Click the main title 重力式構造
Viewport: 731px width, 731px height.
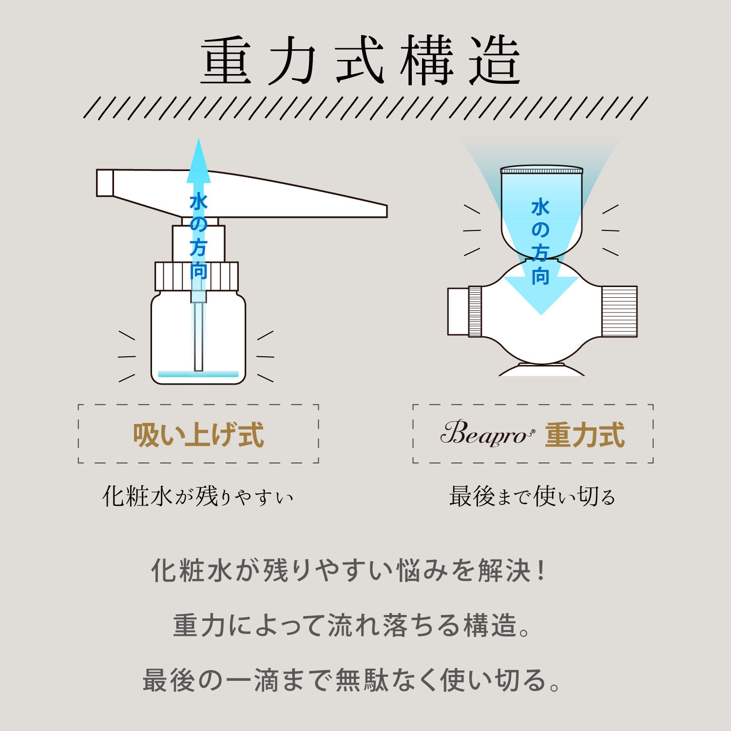pos(361,61)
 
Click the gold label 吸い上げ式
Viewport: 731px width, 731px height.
pos(198,435)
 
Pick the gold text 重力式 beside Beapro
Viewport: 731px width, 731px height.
pos(584,435)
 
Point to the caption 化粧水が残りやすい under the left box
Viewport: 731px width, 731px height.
pos(198,497)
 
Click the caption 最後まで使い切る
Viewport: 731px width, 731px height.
pos(532,497)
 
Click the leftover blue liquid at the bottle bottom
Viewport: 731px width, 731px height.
pos(198,374)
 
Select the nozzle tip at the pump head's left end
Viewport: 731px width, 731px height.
pos(105,183)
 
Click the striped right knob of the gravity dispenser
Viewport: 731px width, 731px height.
pos(619,311)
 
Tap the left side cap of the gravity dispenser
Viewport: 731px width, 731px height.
pos(458,311)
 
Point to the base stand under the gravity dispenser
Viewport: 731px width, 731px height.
pos(541,370)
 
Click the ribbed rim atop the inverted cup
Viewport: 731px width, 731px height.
pos(541,171)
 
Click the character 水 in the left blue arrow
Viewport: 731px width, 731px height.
pos(198,202)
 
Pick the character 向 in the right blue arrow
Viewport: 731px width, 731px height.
pos(540,276)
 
